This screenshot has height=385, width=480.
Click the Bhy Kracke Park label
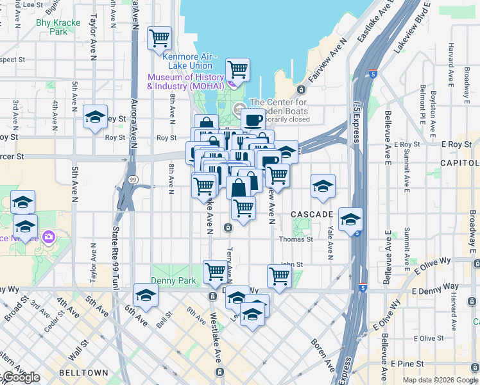click(x=58, y=26)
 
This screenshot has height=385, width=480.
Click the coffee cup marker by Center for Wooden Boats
click(x=253, y=119)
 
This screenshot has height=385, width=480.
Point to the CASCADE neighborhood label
click(x=312, y=214)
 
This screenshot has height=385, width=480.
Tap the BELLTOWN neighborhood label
click(x=78, y=373)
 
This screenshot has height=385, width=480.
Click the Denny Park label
click(x=173, y=280)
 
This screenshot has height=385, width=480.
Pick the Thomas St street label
click(x=295, y=239)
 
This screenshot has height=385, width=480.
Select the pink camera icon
click(x=49, y=237)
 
